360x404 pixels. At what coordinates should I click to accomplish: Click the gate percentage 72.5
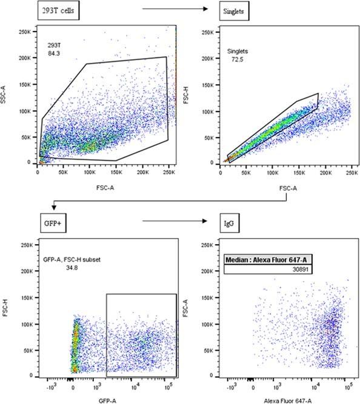click(234, 62)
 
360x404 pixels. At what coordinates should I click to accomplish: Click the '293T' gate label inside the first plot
click(55, 45)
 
